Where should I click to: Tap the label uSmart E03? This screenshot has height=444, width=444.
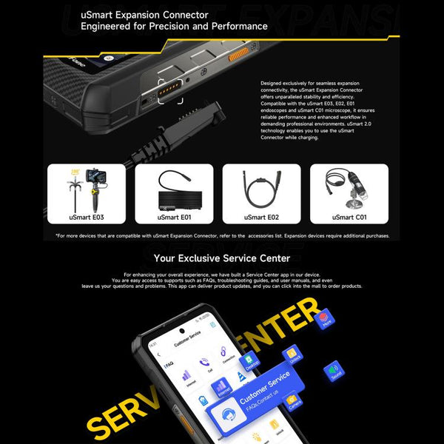[x=81, y=217]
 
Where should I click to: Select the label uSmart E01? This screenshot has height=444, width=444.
[x=174, y=217]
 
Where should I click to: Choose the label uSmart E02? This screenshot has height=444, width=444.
[x=261, y=217]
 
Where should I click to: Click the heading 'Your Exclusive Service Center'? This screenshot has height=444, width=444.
[x=221, y=258]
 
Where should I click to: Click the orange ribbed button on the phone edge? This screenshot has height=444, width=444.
[x=238, y=55]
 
